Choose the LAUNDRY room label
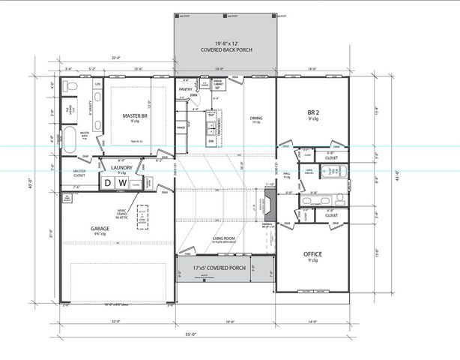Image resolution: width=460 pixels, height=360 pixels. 121,168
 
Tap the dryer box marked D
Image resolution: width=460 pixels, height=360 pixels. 109,182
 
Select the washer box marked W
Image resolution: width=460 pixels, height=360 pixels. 122,182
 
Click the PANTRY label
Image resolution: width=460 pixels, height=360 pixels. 186,89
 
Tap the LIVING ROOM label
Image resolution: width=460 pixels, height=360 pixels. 223,238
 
